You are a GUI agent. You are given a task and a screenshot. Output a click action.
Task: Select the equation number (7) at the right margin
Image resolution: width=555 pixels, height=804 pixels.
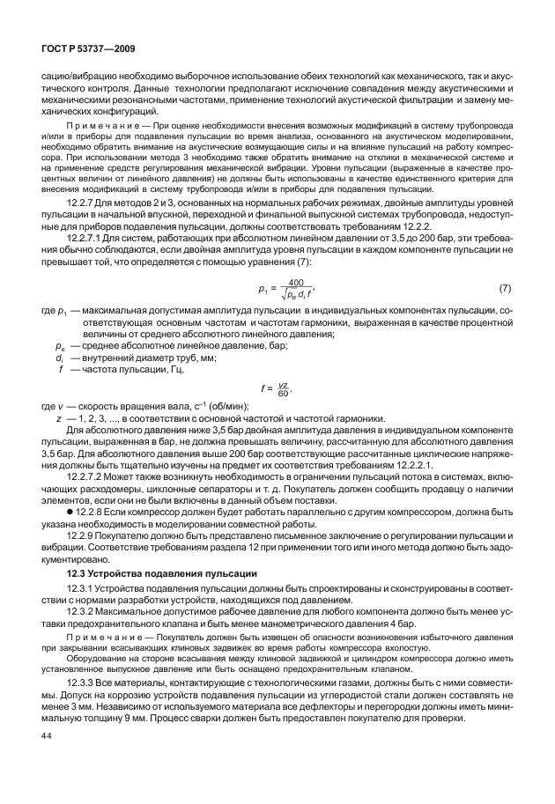[x=505, y=288]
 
